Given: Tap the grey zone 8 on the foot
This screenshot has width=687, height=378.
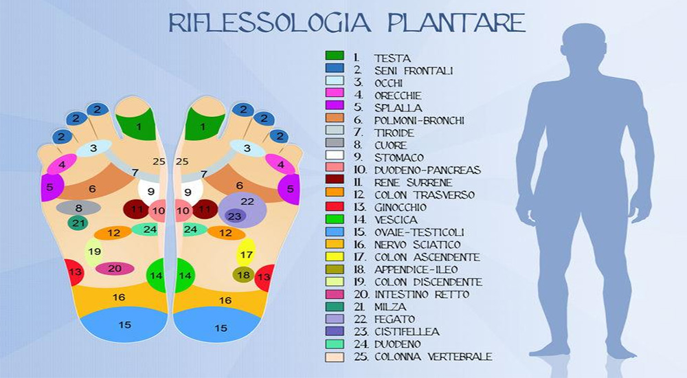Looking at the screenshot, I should [78, 208].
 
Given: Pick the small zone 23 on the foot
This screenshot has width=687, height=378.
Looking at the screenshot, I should [235, 216].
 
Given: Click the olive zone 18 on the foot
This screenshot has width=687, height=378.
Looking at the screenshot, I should [243, 275].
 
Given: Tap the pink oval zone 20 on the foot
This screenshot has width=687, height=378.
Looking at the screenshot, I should [115, 269].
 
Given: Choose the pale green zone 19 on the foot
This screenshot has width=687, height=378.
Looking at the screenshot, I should [94, 252].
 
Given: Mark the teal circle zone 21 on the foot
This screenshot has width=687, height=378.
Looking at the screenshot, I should [78, 223].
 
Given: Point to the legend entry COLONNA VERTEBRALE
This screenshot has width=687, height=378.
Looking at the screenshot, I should [433, 357].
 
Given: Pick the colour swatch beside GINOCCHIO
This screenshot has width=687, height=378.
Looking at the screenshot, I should [335, 207].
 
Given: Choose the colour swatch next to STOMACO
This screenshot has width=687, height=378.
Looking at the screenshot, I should [335, 157].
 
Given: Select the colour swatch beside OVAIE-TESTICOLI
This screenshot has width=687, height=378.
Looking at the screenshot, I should [335, 232].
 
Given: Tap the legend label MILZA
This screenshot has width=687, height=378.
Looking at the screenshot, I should [390, 307].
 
